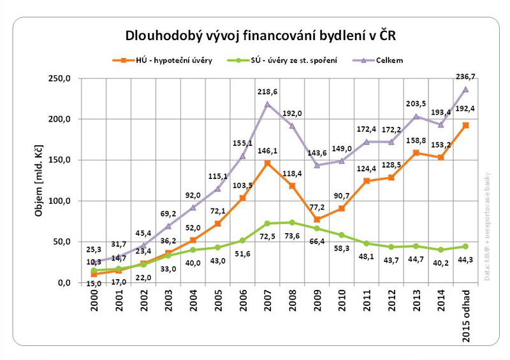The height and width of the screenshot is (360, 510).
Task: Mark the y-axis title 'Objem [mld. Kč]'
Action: coord(39,180)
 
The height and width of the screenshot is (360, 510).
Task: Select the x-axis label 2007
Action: coord(266,310)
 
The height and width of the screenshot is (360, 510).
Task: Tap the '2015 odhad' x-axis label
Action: coord(465,316)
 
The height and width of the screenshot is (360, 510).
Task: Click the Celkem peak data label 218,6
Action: coord(266,92)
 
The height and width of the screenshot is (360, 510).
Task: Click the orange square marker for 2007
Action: coord(267,163)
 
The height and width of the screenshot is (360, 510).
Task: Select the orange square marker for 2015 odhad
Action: coord(465,126)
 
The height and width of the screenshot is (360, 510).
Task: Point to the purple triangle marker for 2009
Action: coord(317,165)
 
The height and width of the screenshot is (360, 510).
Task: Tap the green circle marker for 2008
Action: coord(292,222)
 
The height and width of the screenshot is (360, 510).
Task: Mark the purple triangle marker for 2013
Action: coord(416,117)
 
